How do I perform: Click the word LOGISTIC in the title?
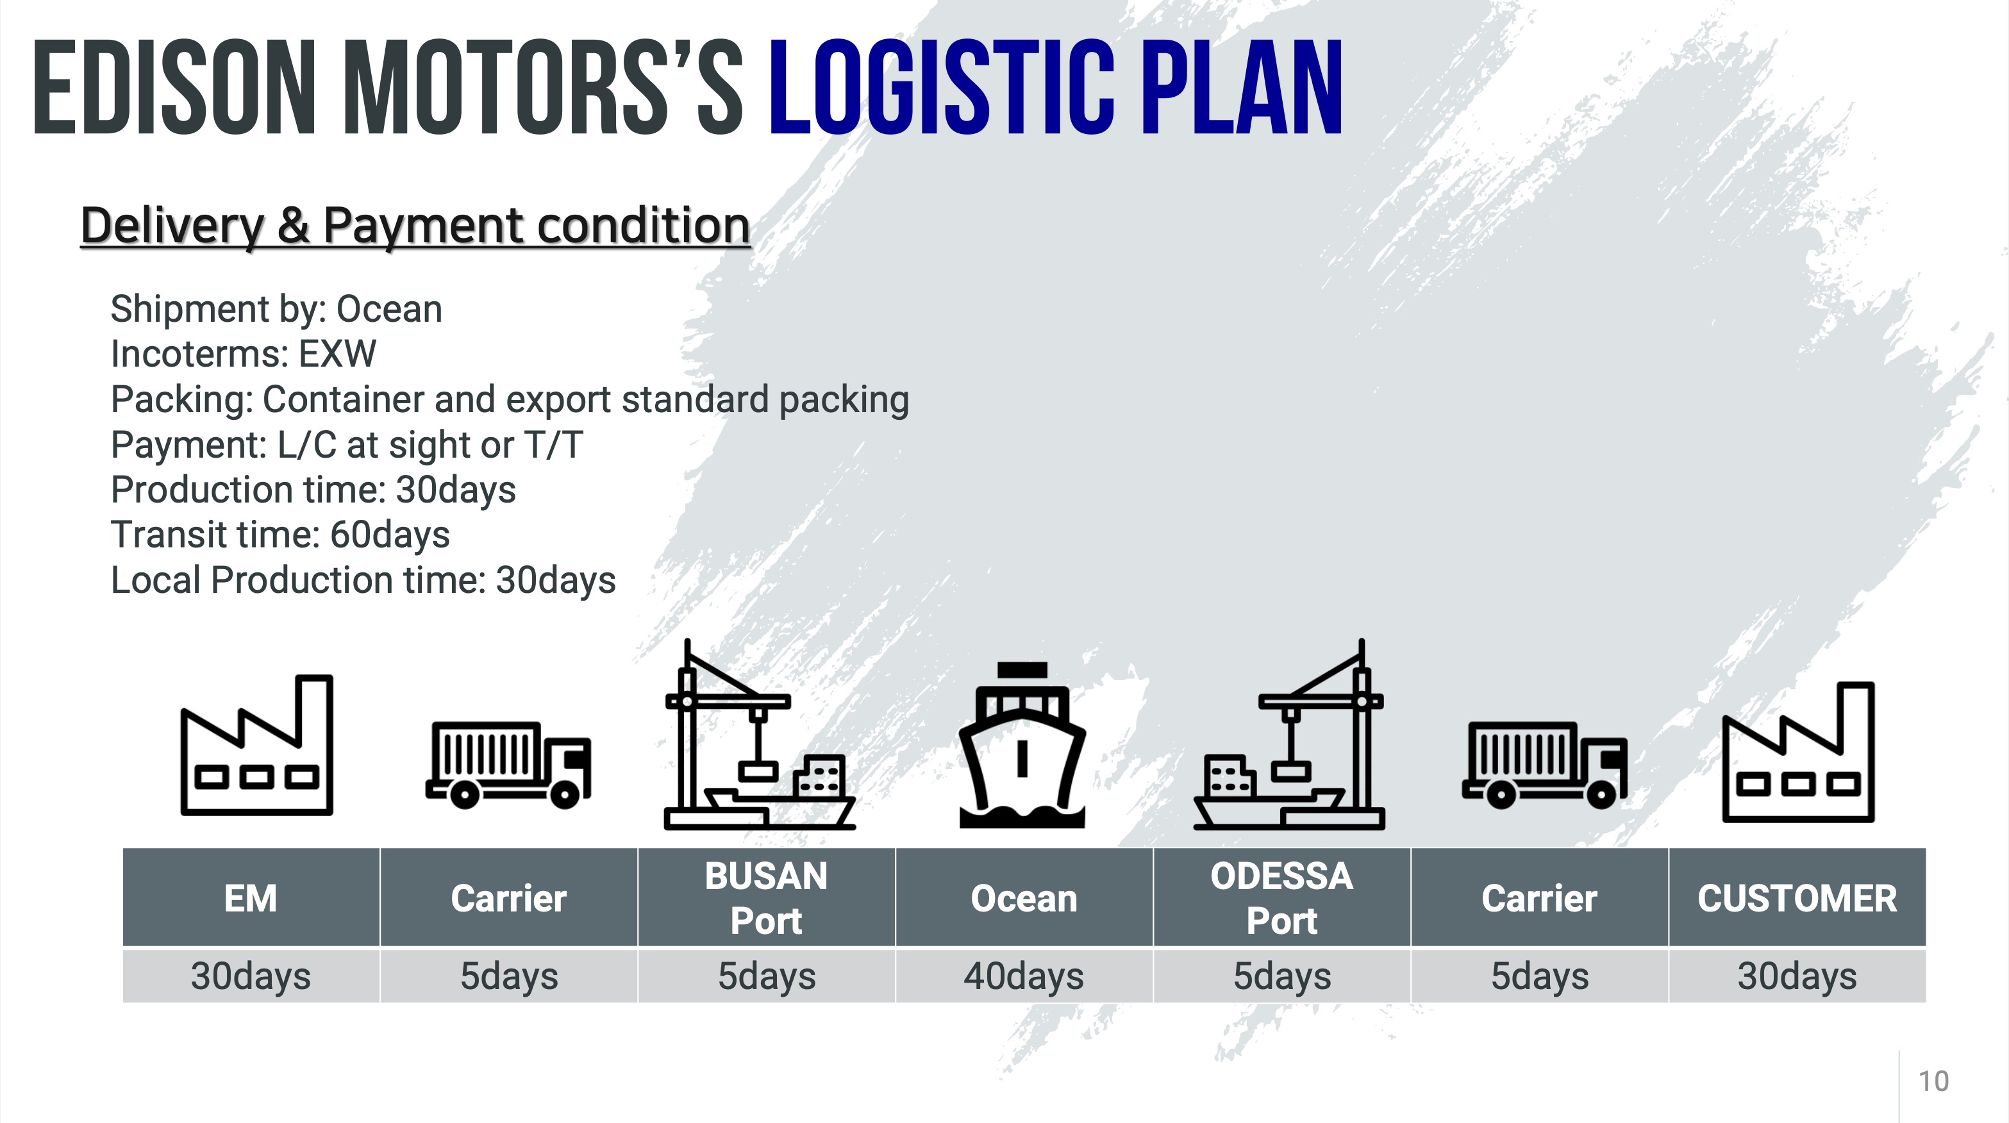click(x=942, y=87)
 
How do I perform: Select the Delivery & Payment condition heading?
click(x=415, y=226)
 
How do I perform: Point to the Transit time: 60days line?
click(x=280, y=535)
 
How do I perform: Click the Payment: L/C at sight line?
click(x=347, y=445)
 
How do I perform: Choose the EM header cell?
click(x=251, y=897)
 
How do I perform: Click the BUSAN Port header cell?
click(x=767, y=897)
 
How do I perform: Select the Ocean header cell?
click(x=1024, y=897)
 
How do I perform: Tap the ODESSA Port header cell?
click(x=1282, y=897)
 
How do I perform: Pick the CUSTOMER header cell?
click(x=1797, y=897)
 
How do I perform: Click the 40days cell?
click(x=1024, y=976)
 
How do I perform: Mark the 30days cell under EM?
click(x=251, y=976)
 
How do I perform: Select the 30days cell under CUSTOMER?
click(x=1797, y=976)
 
